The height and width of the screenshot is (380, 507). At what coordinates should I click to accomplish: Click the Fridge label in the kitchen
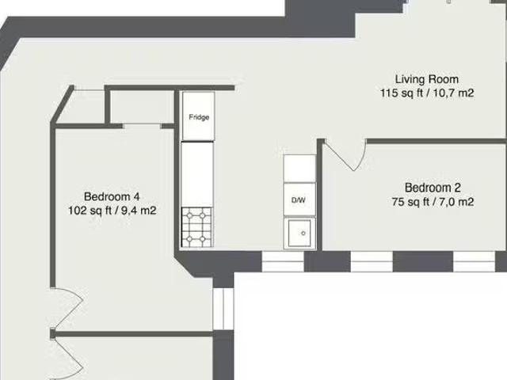[x=199, y=117]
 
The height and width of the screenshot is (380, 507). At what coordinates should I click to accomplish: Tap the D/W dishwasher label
[x=298, y=200]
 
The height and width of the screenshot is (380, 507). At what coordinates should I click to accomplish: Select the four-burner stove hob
[x=196, y=227]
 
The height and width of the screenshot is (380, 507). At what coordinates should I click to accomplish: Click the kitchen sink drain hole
[x=303, y=233]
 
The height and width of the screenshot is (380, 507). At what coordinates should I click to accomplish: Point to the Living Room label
[x=427, y=79]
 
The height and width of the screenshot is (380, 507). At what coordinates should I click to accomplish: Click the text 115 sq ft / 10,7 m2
[x=427, y=93]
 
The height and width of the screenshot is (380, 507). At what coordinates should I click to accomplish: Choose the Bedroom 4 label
[x=112, y=196]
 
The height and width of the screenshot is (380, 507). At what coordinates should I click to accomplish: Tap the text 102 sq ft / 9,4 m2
[x=112, y=211]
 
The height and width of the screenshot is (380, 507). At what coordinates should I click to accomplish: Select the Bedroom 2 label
[x=433, y=188]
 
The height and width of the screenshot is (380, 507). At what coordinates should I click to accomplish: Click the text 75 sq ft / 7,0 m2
[x=433, y=202]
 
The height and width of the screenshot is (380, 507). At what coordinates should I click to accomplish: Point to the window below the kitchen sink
[x=283, y=261]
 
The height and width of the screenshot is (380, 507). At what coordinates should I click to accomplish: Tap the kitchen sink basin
[x=299, y=233]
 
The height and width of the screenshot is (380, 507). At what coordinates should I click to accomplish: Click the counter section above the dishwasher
[x=299, y=169]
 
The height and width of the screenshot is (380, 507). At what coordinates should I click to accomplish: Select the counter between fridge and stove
[x=197, y=174]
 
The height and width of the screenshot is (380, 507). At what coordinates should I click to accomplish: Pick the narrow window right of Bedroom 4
[x=223, y=309]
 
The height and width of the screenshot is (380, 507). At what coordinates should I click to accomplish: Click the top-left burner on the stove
[x=189, y=215]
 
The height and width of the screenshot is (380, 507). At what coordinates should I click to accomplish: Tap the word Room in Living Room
[x=444, y=79]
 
